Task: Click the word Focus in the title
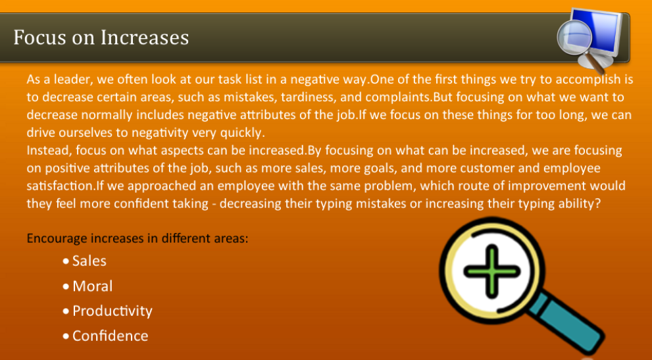coord(39,37)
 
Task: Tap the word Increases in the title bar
coord(144,37)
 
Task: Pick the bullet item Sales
coord(89,261)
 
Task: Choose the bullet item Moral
coord(92,286)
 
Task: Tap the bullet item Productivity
coord(112,311)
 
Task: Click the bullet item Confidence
coord(110,336)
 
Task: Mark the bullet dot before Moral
coord(66,287)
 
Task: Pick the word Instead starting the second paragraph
coord(47,150)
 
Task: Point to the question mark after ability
coord(597,203)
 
